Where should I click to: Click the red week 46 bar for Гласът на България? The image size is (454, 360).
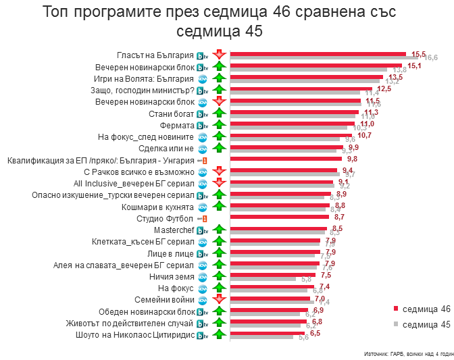[x=318, y=53]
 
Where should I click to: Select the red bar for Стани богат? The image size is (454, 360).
[x=295, y=112]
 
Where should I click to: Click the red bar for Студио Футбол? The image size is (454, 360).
[x=280, y=217]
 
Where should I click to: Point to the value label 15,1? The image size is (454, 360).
[x=414, y=66]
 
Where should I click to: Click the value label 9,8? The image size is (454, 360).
[x=352, y=159]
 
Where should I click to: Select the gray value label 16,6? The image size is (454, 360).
[x=431, y=58]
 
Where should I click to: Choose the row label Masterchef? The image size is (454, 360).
[x=174, y=230]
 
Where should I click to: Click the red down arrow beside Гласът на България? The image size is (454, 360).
[x=218, y=55]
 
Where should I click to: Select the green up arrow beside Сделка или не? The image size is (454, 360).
[x=218, y=149]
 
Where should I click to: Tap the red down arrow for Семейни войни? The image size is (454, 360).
[x=218, y=300]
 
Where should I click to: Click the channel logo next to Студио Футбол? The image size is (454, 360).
[x=201, y=219]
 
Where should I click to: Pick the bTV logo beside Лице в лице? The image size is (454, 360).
[x=201, y=253]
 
